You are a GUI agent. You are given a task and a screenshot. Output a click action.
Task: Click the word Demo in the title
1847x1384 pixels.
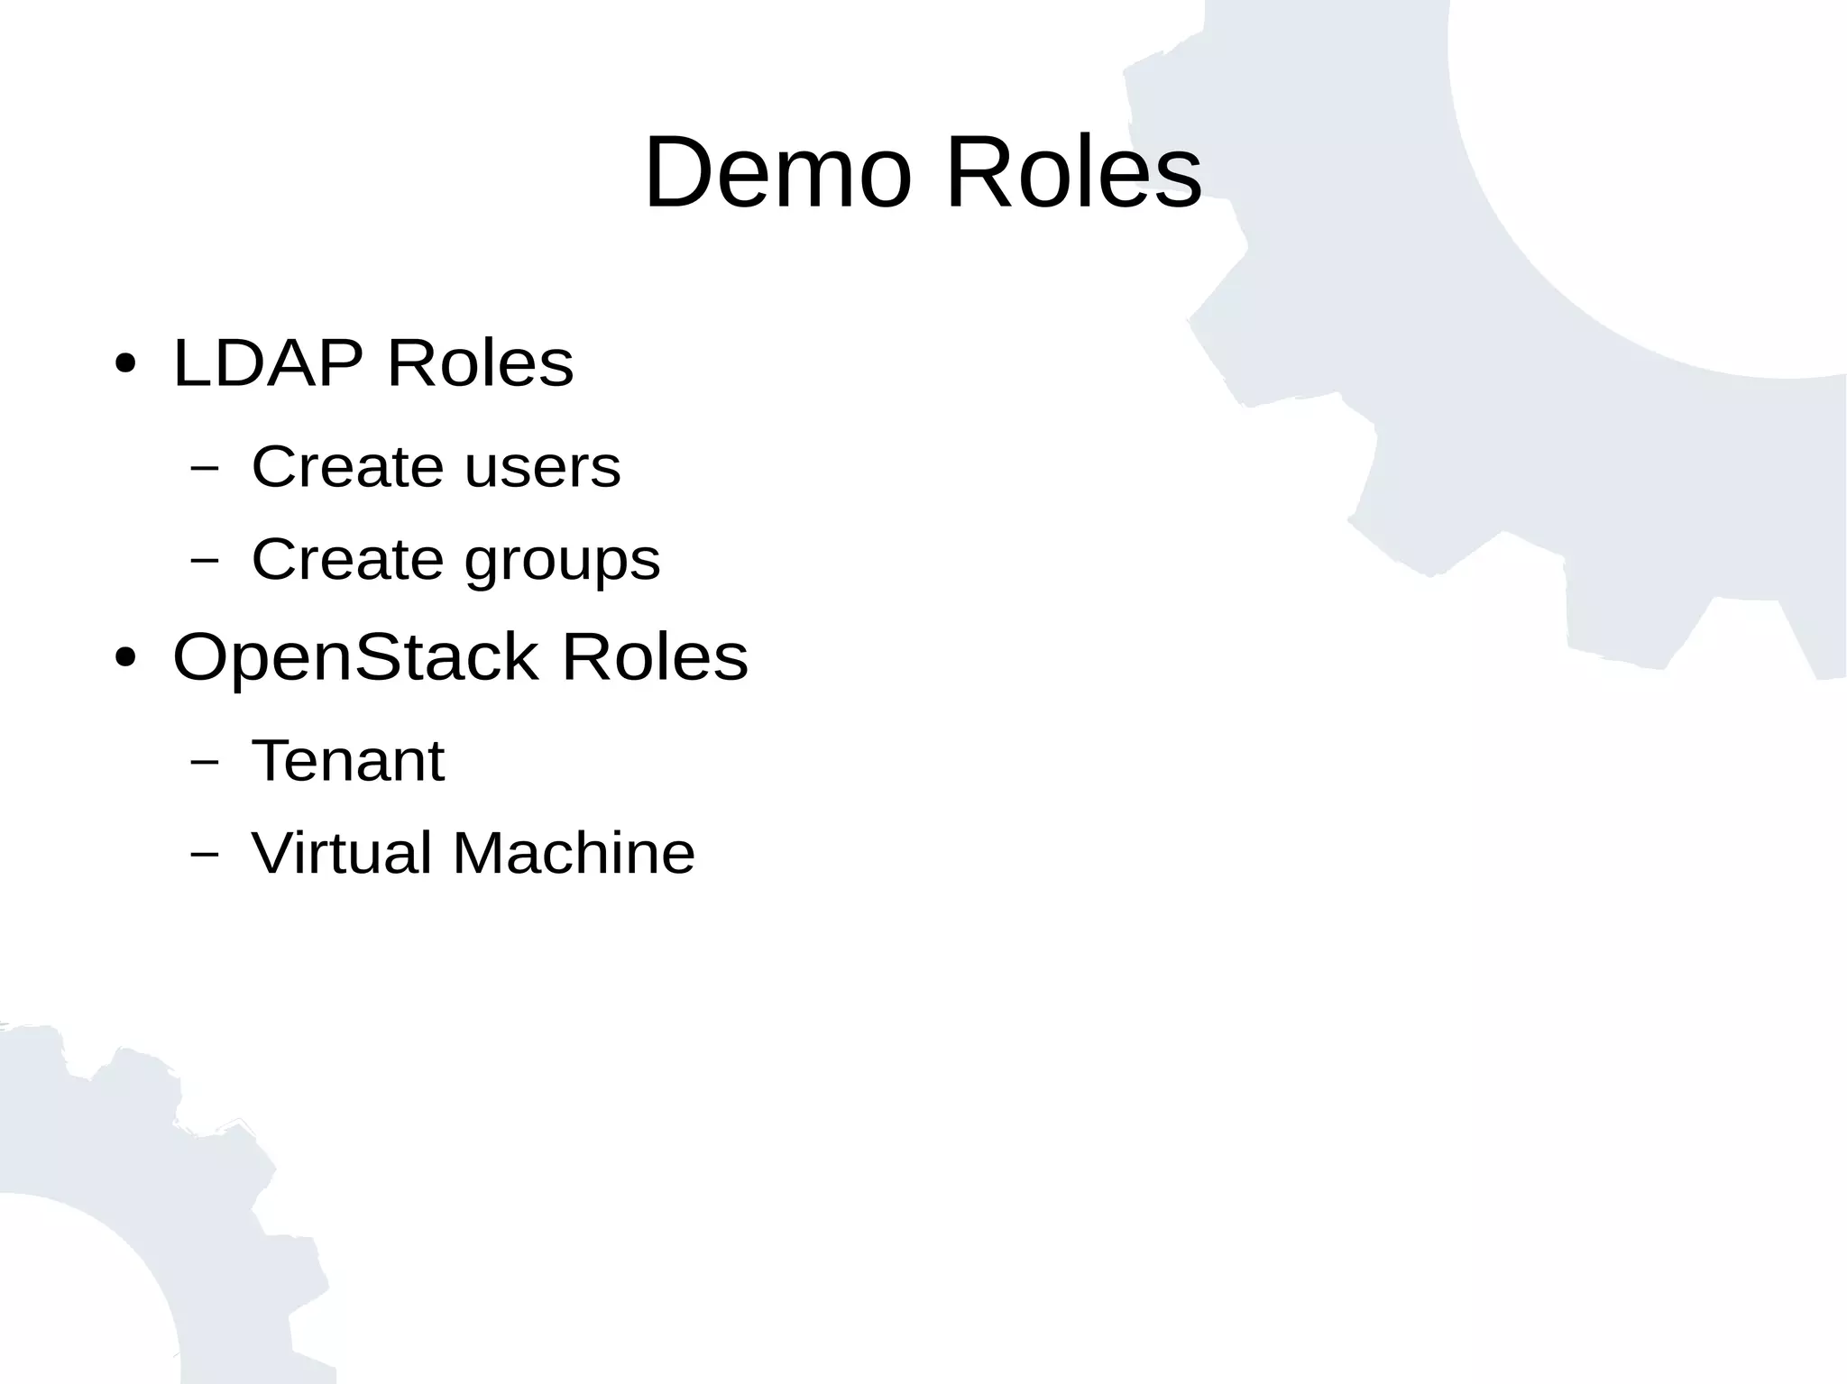(x=777, y=172)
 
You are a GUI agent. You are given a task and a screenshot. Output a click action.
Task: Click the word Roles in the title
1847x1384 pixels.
(x=1073, y=172)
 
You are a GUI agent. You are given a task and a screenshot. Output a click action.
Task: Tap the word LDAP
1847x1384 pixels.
(x=268, y=363)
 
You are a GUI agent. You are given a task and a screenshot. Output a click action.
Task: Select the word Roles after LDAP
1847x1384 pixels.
(x=480, y=363)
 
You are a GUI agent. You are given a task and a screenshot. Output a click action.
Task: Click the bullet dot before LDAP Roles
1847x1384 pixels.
(x=125, y=365)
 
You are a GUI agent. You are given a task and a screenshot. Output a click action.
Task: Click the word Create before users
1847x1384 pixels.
(x=347, y=467)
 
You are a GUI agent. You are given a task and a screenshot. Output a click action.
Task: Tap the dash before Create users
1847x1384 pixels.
(x=205, y=468)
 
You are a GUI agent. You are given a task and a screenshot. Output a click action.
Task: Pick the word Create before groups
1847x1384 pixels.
(x=347, y=559)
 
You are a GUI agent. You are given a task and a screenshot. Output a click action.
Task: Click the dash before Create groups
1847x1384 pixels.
(x=205, y=560)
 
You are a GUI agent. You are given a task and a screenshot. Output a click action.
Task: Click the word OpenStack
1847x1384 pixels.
(x=355, y=657)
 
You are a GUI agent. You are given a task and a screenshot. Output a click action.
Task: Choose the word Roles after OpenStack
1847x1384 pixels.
(x=655, y=656)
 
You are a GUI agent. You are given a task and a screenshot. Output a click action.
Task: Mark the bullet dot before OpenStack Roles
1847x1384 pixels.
(x=125, y=658)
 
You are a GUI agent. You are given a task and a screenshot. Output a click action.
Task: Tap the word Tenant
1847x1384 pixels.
(x=348, y=761)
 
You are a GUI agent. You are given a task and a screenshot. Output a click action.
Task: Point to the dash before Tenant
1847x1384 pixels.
(x=205, y=762)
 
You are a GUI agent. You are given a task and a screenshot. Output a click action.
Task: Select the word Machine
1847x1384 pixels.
(x=574, y=853)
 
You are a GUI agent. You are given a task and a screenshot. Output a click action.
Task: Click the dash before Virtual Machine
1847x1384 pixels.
(x=205, y=854)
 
